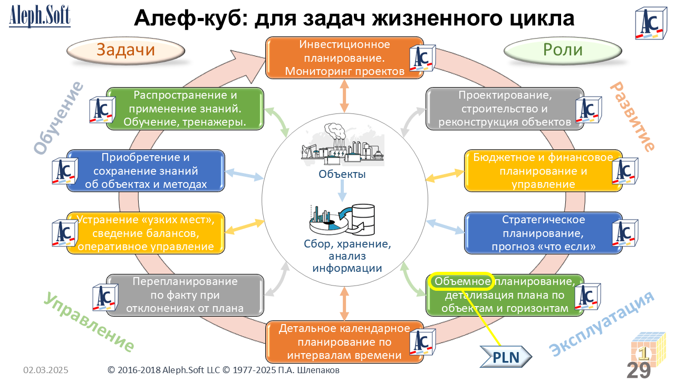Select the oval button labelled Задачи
tap(126, 51)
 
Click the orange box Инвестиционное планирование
tap(344, 58)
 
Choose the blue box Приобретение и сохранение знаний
tap(146, 170)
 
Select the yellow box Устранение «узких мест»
tap(146, 233)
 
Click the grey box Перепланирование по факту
tap(185, 295)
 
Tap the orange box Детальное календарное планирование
tap(344, 341)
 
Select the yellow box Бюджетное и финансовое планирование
tap(543, 170)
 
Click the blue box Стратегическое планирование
tap(543, 233)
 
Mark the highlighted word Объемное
tap(462, 281)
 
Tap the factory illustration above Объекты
tap(342, 145)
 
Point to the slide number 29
tap(638, 369)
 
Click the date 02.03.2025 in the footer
tap(45, 370)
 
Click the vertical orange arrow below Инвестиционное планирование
tap(344, 95)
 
